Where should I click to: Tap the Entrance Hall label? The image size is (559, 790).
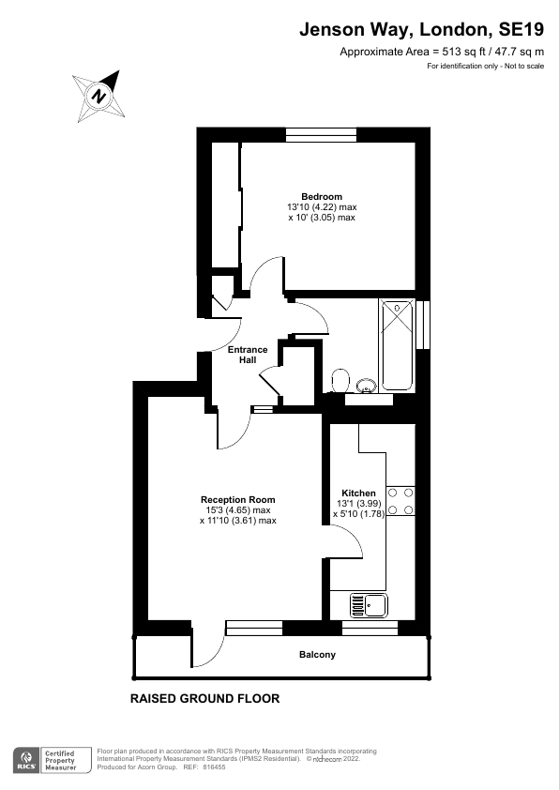pos(248,356)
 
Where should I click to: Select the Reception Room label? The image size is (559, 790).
pos(238,500)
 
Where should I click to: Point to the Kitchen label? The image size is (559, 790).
pos(358,494)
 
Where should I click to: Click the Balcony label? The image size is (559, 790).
pos(317,655)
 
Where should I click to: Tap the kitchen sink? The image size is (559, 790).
pos(370,605)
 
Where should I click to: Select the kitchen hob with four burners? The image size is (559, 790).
pos(401,501)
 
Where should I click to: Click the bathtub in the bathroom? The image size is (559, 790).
pos(398,344)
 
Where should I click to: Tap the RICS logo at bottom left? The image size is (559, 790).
pos(25,759)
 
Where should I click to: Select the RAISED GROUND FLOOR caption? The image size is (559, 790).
pos(204,699)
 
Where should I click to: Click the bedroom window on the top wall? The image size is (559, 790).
pos(322,135)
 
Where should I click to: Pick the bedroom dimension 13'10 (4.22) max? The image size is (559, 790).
pos(322,207)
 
